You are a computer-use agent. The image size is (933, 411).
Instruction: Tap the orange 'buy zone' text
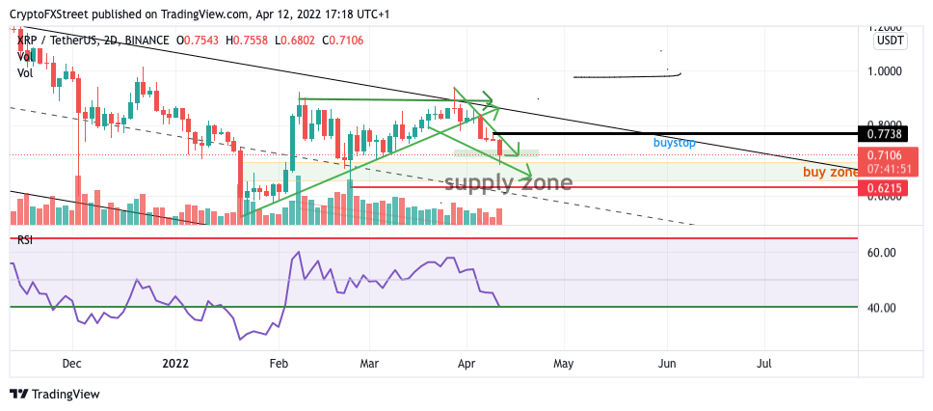point(830,172)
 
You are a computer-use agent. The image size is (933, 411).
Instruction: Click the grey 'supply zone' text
point(508,181)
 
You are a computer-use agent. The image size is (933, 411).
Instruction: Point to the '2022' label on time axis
point(174,364)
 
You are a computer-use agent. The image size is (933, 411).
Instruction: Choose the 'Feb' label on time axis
point(279,364)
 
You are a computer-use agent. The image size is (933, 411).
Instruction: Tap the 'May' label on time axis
point(563,364)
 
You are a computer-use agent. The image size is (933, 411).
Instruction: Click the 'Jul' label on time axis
point(764,364)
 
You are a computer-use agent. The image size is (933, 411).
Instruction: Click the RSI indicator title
point(25,239)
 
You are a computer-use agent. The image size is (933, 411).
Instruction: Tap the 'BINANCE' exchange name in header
point(144,40)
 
